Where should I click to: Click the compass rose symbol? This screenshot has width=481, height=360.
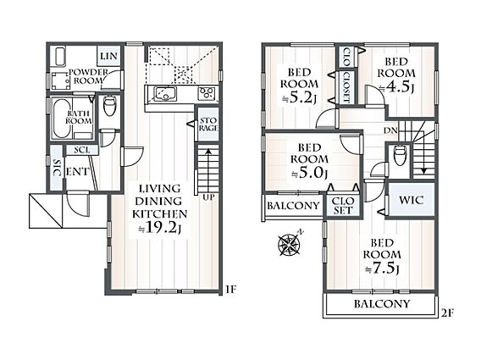point(290,244)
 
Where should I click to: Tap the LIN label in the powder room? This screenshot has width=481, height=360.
point(109,56)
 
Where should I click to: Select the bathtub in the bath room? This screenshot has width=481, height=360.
point(62,118)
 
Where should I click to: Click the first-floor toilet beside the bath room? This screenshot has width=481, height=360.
point(109,106)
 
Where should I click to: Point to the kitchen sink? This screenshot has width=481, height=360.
point(165,94)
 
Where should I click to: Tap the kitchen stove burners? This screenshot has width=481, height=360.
point(207,93)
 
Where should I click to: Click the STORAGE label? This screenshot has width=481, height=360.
point(208,124)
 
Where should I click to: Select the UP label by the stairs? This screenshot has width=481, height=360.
point(208,197)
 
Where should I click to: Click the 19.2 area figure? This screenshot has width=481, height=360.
point(162,227)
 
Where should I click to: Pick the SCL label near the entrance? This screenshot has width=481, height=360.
point(82,150)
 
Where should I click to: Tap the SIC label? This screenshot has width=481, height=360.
point(57,168)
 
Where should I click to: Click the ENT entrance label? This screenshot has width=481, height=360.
point(78,172)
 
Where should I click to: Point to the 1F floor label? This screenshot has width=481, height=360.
point(230,290)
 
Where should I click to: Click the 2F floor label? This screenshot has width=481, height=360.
point(447,313)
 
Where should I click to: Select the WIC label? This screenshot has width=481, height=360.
point(411,200)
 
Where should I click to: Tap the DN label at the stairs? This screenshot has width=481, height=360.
point(390,130)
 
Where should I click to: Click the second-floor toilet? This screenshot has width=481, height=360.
point(401,155)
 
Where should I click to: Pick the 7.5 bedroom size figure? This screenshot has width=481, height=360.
point(383,269)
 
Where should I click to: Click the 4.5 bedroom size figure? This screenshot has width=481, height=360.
point(398,87)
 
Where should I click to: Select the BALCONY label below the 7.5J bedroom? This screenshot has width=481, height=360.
point(382,304)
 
